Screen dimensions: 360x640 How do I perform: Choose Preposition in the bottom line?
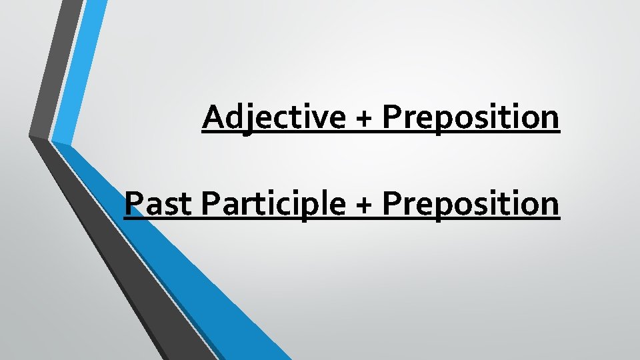coord(471,205)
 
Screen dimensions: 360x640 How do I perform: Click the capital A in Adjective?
coord(214,117)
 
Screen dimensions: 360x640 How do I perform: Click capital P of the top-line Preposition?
coord(391,117)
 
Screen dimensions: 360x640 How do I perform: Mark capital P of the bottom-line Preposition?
coord(391,203)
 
